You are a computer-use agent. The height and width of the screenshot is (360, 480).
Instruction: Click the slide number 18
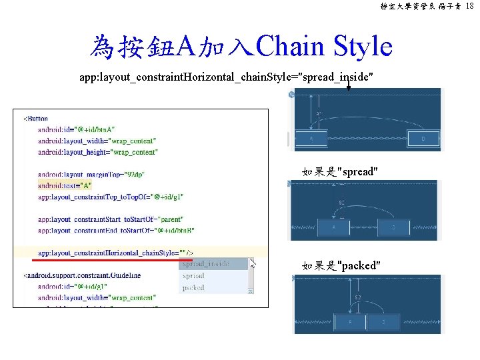[470, 6]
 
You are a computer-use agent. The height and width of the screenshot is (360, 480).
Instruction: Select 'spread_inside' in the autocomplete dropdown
[205, 263]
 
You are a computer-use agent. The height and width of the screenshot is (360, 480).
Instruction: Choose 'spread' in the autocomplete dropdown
[193, 275]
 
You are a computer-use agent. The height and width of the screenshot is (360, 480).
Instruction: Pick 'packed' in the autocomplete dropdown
[193, 287]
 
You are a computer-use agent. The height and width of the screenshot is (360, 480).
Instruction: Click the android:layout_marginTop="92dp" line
[91, 174]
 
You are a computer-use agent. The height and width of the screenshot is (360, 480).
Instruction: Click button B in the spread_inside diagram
[423, 139]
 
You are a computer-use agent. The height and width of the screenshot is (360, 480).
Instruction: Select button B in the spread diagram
[393, 227]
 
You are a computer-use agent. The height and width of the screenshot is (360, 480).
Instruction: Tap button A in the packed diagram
[351, 322]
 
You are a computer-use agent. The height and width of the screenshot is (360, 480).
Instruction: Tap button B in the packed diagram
[383, 322]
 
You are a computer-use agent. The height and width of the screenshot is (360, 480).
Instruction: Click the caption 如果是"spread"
[340, 172]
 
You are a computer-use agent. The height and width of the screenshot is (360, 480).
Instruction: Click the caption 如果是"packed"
[341, 266]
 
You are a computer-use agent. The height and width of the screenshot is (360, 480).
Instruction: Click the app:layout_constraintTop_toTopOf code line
[110, 197]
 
